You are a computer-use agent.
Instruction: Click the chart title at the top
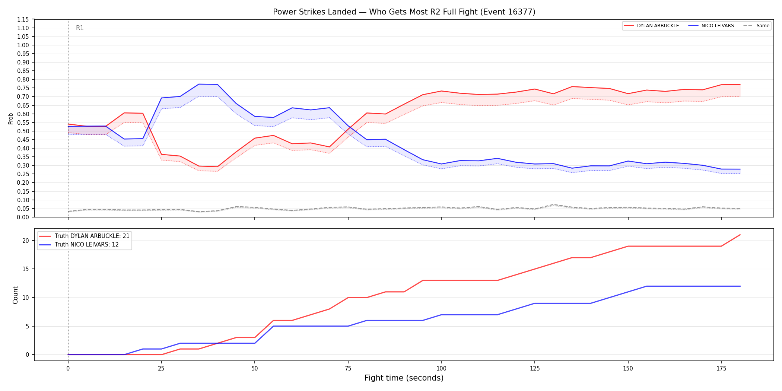404,12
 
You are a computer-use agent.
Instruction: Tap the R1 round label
80,28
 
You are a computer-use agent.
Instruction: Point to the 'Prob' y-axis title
10,118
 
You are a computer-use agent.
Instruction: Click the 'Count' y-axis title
15,295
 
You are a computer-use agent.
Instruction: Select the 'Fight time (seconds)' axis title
404,378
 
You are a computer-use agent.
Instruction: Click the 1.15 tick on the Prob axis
23,19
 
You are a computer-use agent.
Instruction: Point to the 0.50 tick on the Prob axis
23,131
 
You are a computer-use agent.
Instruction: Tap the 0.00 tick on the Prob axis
23,217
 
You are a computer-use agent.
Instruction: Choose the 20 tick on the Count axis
26,241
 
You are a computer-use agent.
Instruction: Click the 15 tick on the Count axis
26,269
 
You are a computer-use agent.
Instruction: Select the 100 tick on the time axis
441,369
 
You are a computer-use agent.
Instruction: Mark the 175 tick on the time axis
721,369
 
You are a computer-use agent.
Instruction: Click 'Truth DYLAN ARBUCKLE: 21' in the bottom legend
92,236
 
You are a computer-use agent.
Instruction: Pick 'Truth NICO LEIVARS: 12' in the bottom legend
86,245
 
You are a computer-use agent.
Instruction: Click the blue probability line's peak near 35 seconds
199,84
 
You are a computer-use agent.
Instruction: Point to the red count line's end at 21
740,235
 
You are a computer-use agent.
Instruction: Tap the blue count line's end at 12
740,286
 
